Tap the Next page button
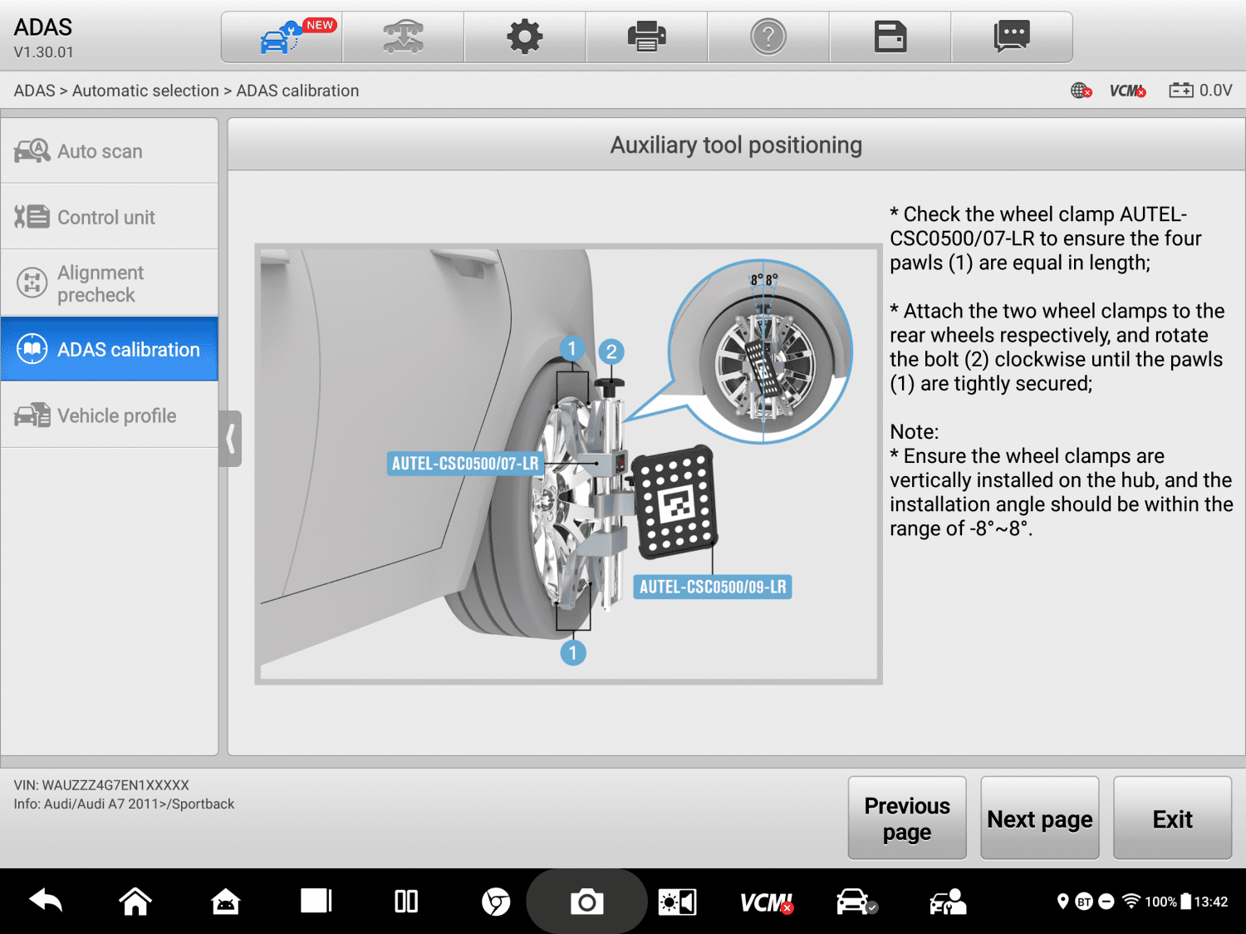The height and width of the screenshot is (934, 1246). pyautogui.click(x=1039, y=818)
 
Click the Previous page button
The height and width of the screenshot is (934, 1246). pyautogui.click(x=906, y=818)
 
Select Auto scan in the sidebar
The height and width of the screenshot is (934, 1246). pyautogui.click(x=109, y=151)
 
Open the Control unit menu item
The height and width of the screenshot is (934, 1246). pyautogui.click(x=109, y=217)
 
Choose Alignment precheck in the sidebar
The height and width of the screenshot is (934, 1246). pyautogui.click(x=109, y=283)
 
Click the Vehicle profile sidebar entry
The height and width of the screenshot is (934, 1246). pyautogui.click(x=109, y=415)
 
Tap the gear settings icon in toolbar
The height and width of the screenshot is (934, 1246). pyautogui.click(x=524, y=37)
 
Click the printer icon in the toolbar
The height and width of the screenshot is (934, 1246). pyautogui.click(x=646, y=37)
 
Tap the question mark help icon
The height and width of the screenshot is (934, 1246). pyautogui.click(x=768, y=37)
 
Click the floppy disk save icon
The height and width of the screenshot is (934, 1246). pyautogui.click(x=890, y=37)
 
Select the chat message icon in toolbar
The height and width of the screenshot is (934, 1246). pyautogui.click(x=1011, y=37)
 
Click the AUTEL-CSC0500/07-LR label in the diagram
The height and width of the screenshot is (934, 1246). pyautogui.click(x=465, y=464)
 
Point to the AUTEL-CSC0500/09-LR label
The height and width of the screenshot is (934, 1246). pyautogui.click(x=712, y=587)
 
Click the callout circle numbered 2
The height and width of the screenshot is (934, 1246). pyautogui.click(x=611, y=351)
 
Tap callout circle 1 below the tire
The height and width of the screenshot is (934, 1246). pyautogui.click(x=572, y=652)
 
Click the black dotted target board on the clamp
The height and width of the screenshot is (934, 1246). pyautogui.click(x=675, y=504)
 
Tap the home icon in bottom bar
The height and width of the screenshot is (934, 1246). pyautogui.click(x=135, y=902)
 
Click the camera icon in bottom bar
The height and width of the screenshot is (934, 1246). pyautogui.click(x=586, y=902)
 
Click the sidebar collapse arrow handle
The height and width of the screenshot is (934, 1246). pyautogui.click(x=230, y=438)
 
